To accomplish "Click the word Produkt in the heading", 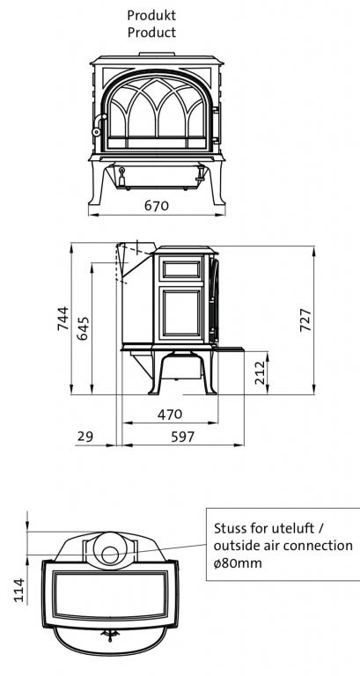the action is point(151,16).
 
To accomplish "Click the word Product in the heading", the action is point(151,33).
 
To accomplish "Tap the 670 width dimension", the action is point(157,206).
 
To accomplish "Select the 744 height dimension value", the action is point(63,319).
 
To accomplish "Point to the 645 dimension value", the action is point(83,328).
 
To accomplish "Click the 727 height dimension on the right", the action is point(305,320).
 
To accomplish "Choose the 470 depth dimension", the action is point(170,415).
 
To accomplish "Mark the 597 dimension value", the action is point(183,437).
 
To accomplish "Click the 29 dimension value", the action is point(84,437).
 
